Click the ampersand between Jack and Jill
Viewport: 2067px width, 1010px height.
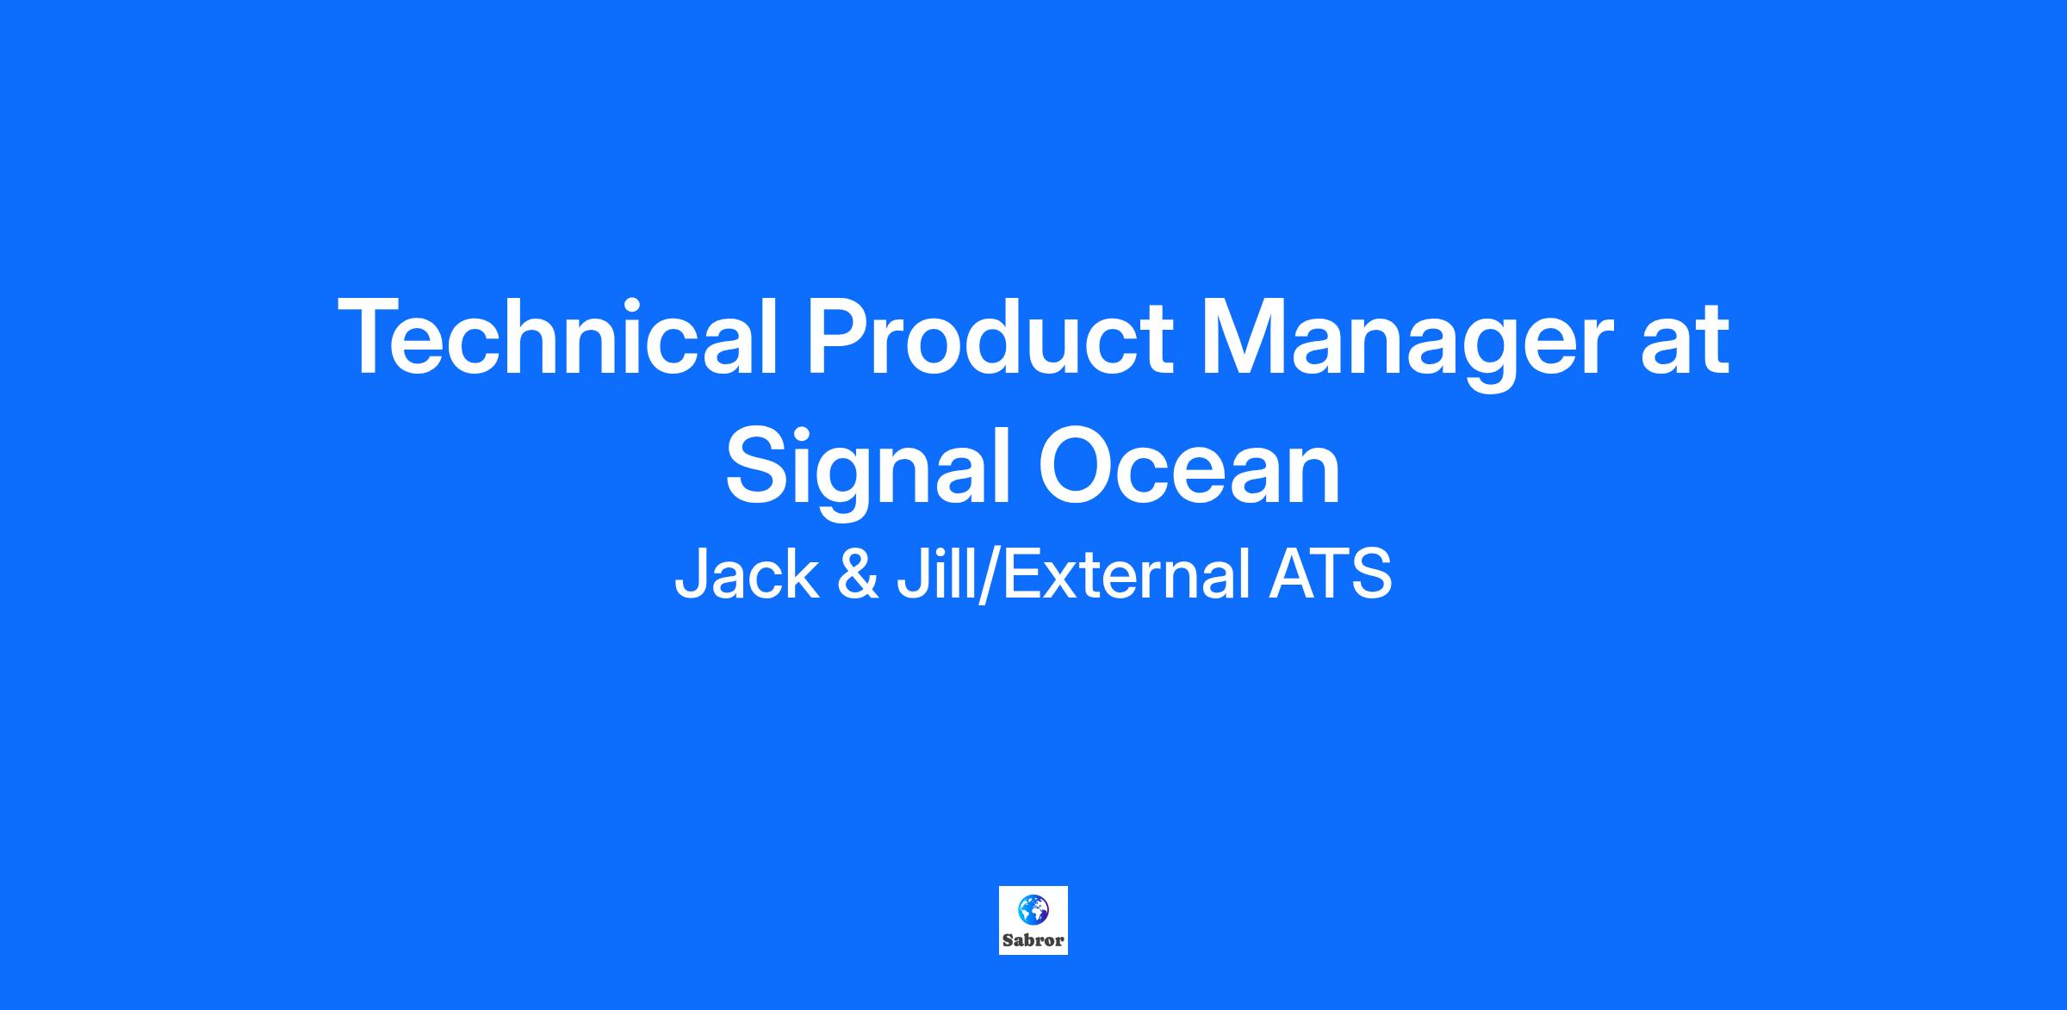858,574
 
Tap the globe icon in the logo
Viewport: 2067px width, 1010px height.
1033,908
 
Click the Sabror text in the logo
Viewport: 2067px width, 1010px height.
1033,940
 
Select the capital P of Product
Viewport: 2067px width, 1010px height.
839,337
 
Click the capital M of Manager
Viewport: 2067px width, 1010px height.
1245,337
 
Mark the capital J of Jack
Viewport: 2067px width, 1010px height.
689,575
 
